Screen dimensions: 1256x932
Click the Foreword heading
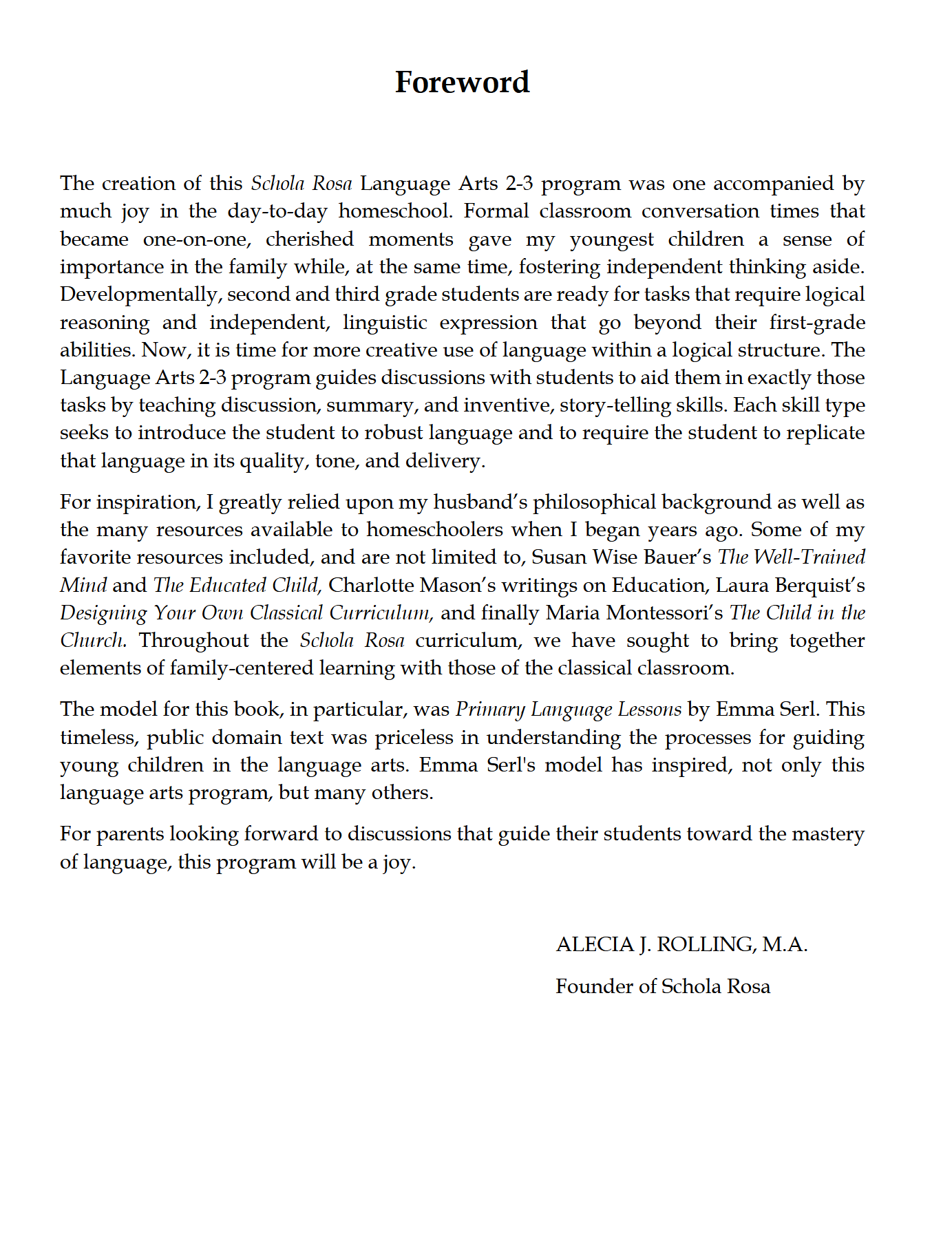(x=462, y=83)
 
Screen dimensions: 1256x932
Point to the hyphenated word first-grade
(x=817, y=322)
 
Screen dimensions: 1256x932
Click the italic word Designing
(x=103, y=613)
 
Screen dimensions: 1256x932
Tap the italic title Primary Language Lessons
(x=569, y=710)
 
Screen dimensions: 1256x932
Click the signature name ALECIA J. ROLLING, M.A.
(x=681, y=944)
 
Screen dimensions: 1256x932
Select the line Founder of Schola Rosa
(x=663, y=986)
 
